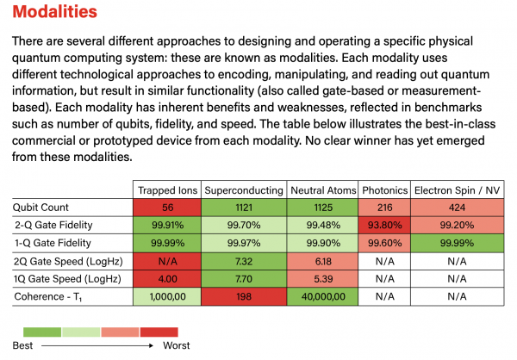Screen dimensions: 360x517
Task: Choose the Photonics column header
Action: pos(383,189)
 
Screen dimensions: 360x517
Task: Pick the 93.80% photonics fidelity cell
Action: pos(383,225)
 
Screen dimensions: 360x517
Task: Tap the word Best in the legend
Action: pos(34,345)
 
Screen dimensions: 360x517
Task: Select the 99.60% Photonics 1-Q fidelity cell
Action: pos(383,242)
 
